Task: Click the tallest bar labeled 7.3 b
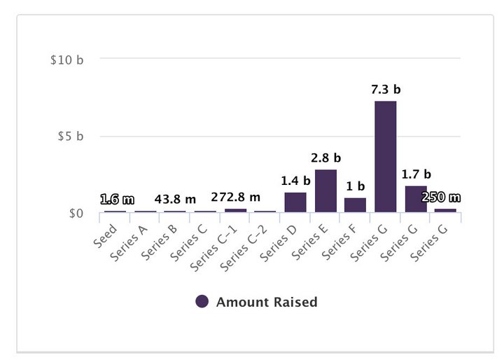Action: (385, 156)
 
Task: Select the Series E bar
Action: (325, 191)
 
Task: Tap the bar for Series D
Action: (295, 202)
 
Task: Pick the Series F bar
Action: (355, 205)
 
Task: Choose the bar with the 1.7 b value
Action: (415, 198)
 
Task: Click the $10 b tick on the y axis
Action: (67, 60)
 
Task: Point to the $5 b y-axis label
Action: (71, 136)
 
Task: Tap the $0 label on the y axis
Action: (76, 213)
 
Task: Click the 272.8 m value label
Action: (236, 199)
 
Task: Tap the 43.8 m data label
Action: (175, 200)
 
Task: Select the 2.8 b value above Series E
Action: (326, 158)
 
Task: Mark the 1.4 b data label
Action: (295, 181)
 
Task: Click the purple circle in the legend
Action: (202, 302)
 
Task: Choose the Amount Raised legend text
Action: (267, 302)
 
